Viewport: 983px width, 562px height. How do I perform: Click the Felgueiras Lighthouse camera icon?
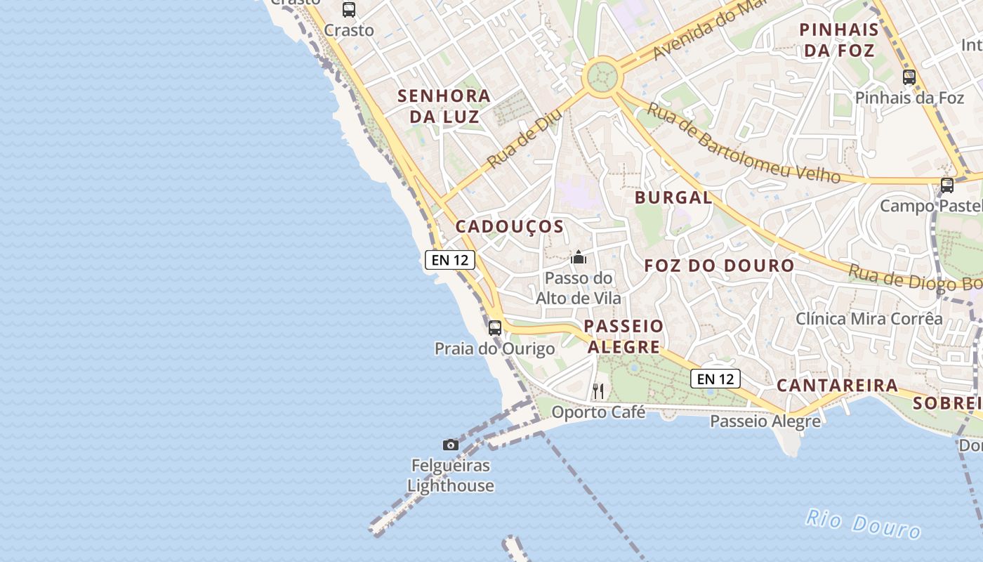click(451, 445)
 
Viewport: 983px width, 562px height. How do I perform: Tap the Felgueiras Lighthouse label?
click(451, 476)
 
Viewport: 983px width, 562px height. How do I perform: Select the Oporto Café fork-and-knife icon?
click(598, 391)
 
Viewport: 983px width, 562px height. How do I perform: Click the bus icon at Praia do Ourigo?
click(495, 327)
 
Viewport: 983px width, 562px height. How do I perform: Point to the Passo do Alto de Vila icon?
click(579, 258)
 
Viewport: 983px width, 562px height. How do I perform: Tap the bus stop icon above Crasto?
click(349, 10)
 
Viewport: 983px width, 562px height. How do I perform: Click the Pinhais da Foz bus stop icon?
click(909, 77)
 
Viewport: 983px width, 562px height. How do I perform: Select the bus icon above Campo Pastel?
click(947, 185)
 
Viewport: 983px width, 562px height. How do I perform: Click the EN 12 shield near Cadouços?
click(450, 260)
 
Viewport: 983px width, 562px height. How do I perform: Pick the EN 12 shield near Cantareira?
click(715, 379)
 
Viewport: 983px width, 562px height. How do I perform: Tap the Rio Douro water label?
click(862, 524)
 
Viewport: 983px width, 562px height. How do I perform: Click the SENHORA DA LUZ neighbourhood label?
click(444, 106)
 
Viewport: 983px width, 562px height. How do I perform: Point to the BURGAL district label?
click(673, 197)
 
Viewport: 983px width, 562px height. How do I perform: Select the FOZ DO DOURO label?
click(719, 266)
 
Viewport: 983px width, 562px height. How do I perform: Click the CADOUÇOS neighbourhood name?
click(509, 226)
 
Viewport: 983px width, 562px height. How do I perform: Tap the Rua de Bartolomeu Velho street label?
click(744, 143)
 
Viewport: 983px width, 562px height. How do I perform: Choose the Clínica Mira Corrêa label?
click(869, 318)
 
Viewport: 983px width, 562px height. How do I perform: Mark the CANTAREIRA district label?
click(837, 385)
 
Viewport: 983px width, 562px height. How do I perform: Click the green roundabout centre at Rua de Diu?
click(602, 77)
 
